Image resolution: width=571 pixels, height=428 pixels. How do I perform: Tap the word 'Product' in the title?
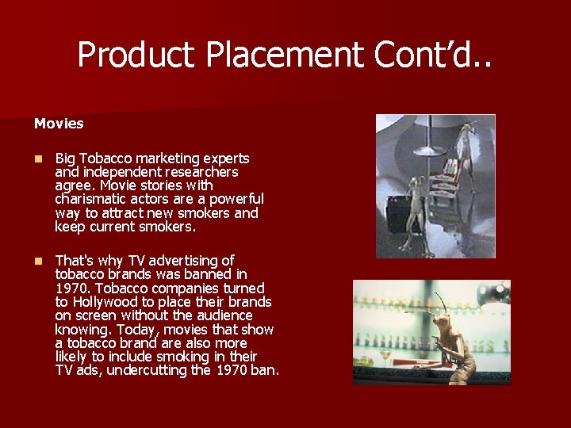click(135, 55)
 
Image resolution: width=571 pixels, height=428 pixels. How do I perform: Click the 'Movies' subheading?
click(59, 124)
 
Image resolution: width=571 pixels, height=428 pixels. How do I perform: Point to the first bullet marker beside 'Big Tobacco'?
click(37, 159)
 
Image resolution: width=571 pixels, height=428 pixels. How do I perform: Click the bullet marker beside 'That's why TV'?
click(37, 261)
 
